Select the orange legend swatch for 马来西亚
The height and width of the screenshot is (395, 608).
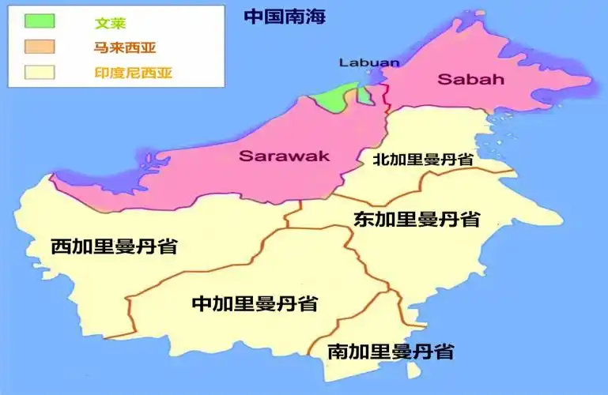(40, 47)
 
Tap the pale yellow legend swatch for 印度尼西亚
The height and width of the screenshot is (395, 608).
(40, 73)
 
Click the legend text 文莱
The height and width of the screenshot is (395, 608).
(110, 22)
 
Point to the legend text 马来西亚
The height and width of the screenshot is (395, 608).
(119, 48)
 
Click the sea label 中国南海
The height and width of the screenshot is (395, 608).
(285, 17)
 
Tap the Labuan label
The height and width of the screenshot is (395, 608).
(368, 62)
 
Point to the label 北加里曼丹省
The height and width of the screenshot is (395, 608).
(423, 159)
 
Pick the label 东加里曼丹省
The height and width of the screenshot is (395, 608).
(417, 219)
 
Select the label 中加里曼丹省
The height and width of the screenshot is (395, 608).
(255, 303)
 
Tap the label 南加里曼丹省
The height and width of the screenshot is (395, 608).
(391, 352)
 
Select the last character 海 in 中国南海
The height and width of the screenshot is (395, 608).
(315, 17)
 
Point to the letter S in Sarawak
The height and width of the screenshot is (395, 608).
(245, 156)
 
